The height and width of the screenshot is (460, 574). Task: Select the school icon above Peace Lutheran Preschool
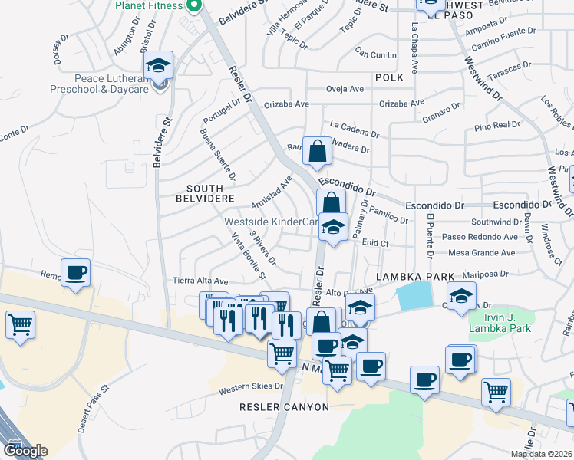coord(158,66)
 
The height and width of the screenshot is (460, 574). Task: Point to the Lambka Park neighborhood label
coord(404,276)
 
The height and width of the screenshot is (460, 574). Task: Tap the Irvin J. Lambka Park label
coord(500,322)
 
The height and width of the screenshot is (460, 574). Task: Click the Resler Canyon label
coord(284,407)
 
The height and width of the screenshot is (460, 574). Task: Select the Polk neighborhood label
coord(389,77)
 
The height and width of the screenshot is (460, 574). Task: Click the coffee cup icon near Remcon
coord(76,273)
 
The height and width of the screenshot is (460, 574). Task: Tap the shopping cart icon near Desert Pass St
coord(20,324)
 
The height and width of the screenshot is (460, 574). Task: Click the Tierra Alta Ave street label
coord(200,281)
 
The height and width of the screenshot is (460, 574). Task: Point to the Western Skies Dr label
coord(251,389)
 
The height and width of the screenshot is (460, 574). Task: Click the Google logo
coord(25,451)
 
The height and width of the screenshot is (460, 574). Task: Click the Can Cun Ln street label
coord(375,54)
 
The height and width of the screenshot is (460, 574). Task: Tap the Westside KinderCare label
coord(270,222)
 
